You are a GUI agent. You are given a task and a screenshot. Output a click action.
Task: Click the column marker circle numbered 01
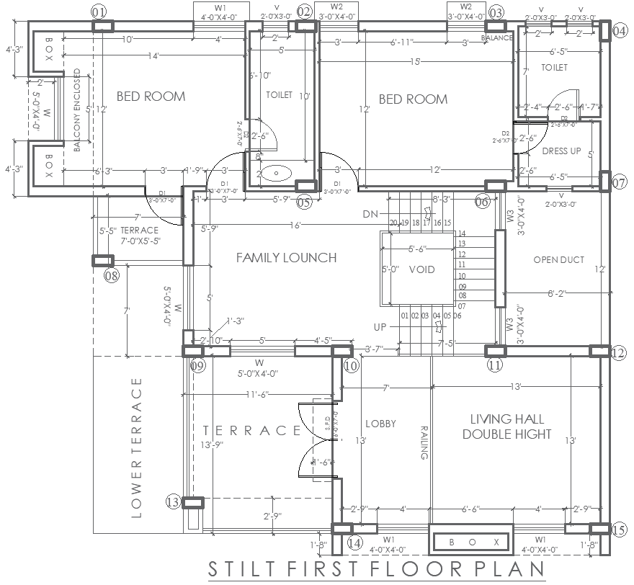[99, 12]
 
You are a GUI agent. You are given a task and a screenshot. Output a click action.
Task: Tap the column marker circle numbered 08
[112, 275]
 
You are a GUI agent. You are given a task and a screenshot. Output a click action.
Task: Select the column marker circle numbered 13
[173, 501]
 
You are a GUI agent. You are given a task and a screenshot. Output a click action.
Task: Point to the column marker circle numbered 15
[618, 530]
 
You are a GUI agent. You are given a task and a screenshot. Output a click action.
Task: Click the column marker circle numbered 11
[494, 366]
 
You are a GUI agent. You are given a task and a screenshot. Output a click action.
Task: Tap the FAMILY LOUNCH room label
[286, 257]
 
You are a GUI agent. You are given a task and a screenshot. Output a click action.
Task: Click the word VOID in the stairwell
[421, 269]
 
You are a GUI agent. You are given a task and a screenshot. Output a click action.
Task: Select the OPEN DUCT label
[558, 260]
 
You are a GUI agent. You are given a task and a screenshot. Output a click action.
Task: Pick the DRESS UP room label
[561, 151]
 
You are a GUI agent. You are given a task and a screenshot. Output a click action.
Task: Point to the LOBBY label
[380, 424]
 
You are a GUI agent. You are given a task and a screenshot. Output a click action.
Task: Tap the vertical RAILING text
[424, 442]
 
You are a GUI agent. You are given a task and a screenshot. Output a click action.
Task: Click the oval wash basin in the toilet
[274, 173]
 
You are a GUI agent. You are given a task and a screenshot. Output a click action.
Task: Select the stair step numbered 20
[394, 223]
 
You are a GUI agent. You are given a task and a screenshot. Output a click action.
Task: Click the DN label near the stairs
[370, 214]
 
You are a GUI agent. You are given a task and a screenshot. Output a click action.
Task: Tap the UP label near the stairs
[380, 327]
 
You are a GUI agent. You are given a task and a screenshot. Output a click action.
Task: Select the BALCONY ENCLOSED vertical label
[77, 110]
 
